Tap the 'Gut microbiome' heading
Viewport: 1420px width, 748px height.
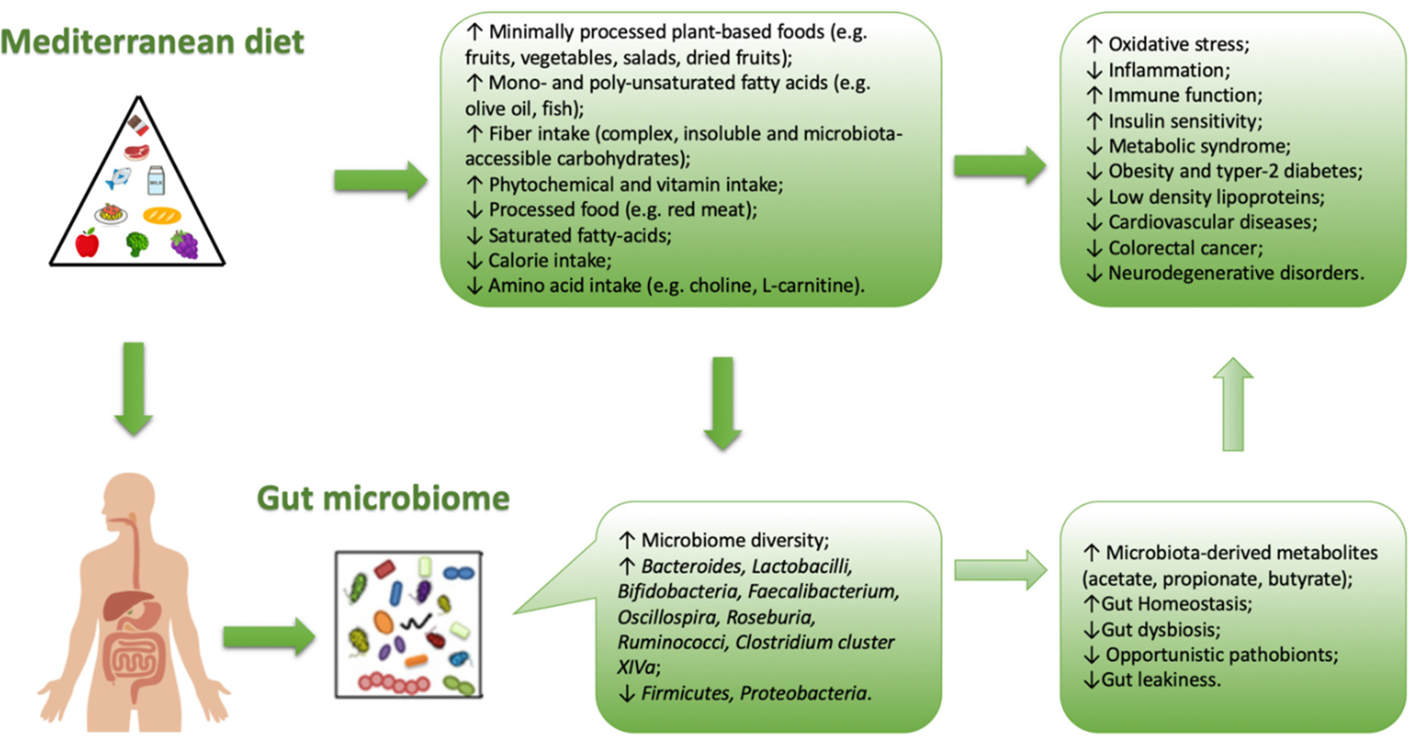pos(383,498)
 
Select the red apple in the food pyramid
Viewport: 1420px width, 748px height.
pos(87,243)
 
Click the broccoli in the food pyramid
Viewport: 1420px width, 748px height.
pos(137,244)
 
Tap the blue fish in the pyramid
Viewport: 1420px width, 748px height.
pos(119,178)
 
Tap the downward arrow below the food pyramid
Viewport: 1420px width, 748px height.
pos(134,389)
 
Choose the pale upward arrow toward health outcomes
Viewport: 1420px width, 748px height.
pos(1233,404)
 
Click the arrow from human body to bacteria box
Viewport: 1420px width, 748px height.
pos(269,637)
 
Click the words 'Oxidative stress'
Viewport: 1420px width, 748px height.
pos(1177,44)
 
